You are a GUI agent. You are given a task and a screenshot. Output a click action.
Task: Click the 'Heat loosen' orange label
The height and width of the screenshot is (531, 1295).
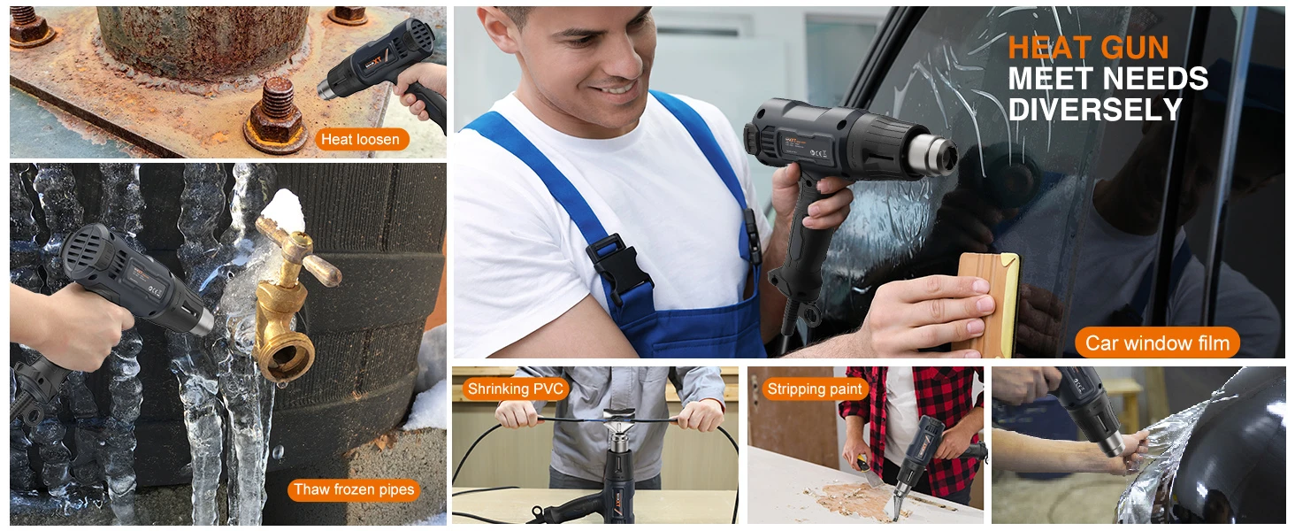coord(362,140)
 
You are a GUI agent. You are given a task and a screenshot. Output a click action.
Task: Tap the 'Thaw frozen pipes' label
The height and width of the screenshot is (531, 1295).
coord(354,490)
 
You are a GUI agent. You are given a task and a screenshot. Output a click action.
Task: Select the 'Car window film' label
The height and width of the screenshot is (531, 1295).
coord(1157,343)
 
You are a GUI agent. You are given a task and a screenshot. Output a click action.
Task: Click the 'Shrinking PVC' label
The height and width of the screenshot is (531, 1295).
coord(515,389)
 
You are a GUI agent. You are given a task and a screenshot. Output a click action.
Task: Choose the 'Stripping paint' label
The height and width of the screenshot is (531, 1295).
coord(815,389)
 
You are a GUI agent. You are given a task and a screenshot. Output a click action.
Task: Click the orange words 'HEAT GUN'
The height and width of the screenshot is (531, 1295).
coord(1088,48)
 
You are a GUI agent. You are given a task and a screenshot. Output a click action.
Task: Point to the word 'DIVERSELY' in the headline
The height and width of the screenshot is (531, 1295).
coord(1095,110)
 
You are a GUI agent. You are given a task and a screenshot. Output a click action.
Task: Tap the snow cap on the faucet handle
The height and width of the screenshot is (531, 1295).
coord(283,211)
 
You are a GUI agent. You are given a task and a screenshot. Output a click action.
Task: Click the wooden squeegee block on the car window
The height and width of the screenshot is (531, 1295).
coord(987,304)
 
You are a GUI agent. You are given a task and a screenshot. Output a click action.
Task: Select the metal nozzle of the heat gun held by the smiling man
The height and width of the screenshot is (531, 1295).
coord(932,155)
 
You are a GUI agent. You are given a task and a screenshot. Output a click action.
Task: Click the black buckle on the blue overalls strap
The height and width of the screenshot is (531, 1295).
coord(617,267)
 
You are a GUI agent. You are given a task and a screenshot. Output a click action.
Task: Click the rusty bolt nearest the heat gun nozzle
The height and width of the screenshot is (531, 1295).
coord(276,115)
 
